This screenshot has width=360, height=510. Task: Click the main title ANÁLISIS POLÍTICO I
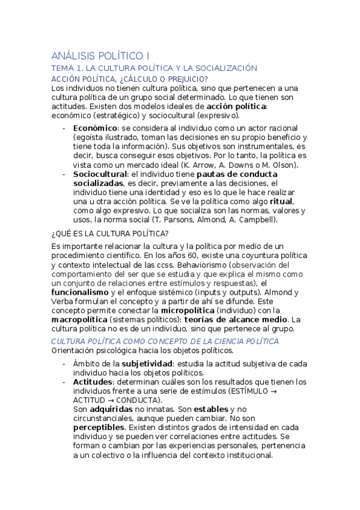[102, 55]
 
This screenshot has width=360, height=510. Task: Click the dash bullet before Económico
[64, 128]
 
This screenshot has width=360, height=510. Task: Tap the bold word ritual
[281, 201]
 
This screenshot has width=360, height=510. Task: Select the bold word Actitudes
[92, 382]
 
